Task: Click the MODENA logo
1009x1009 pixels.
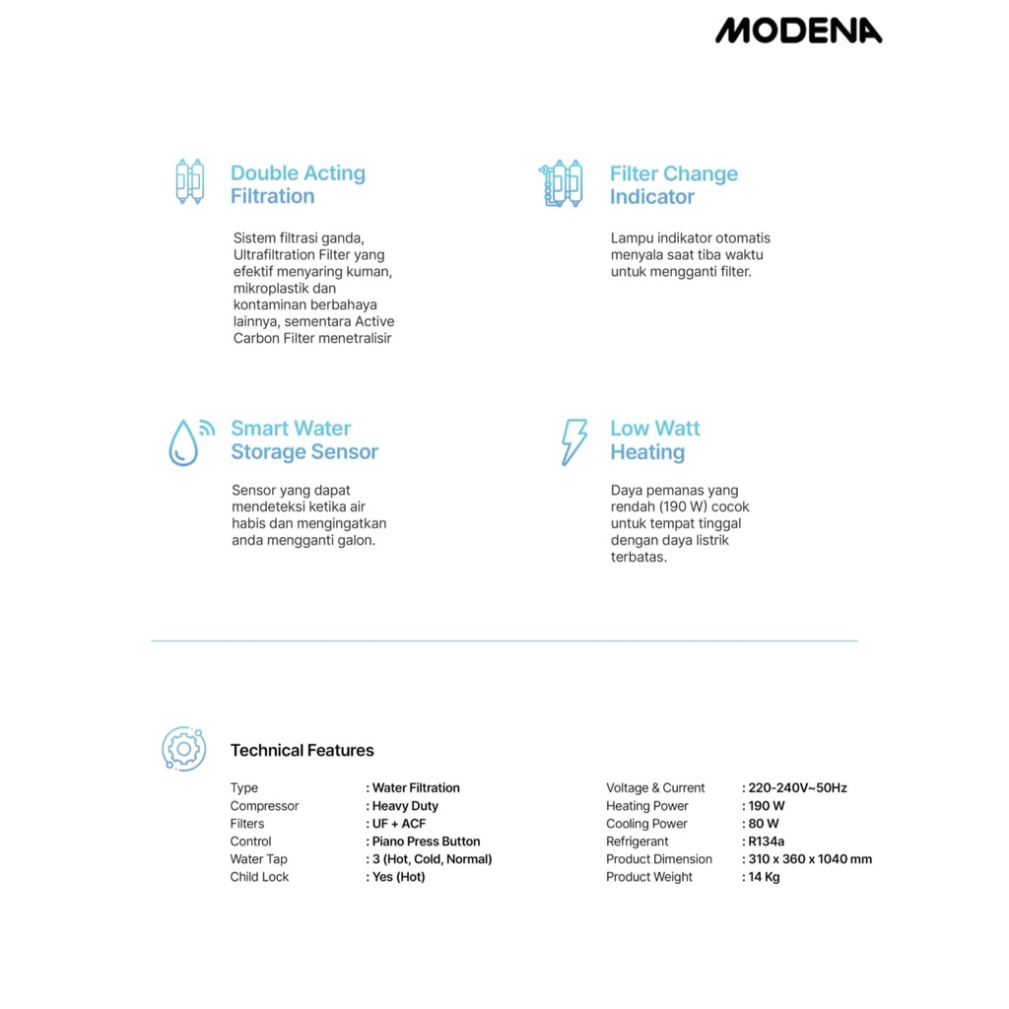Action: (798, 32)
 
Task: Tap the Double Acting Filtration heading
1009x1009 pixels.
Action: (298, 184)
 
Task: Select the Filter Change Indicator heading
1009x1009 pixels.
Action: (673, 185)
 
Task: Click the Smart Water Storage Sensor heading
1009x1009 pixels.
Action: (304, 440)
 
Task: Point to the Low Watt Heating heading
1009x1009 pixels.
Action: (654, 440)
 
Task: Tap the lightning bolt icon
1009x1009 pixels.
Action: (573, 441)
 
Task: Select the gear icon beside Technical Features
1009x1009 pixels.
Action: (183, 749)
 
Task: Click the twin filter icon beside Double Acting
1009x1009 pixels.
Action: (189, 181)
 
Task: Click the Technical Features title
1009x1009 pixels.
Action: (302, 751)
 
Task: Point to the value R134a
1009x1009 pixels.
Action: (766, 841)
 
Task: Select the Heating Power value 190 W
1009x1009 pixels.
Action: (767, 806)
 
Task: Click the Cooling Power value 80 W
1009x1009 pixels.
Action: (764, 824)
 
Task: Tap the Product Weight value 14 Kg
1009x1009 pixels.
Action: (764, 877)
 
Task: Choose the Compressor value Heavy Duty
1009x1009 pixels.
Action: (405, 806)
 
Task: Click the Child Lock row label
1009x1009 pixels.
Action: (259, 877)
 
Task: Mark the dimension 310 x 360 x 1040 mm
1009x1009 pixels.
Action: (810, 859)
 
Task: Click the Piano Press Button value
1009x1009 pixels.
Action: (426, 841)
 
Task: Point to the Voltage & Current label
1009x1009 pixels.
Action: (655, 788)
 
